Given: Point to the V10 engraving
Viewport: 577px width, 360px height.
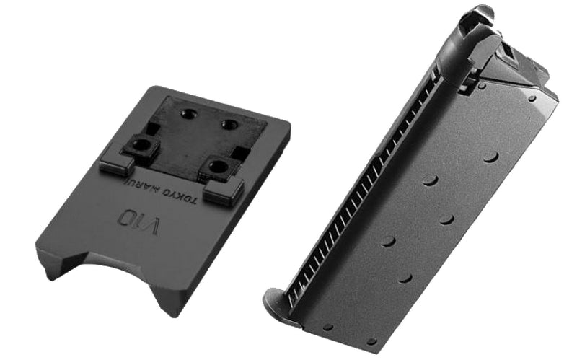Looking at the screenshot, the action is (x=138, y=221).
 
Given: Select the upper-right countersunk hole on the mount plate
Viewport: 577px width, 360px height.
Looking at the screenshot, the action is (x=229, y=124).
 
